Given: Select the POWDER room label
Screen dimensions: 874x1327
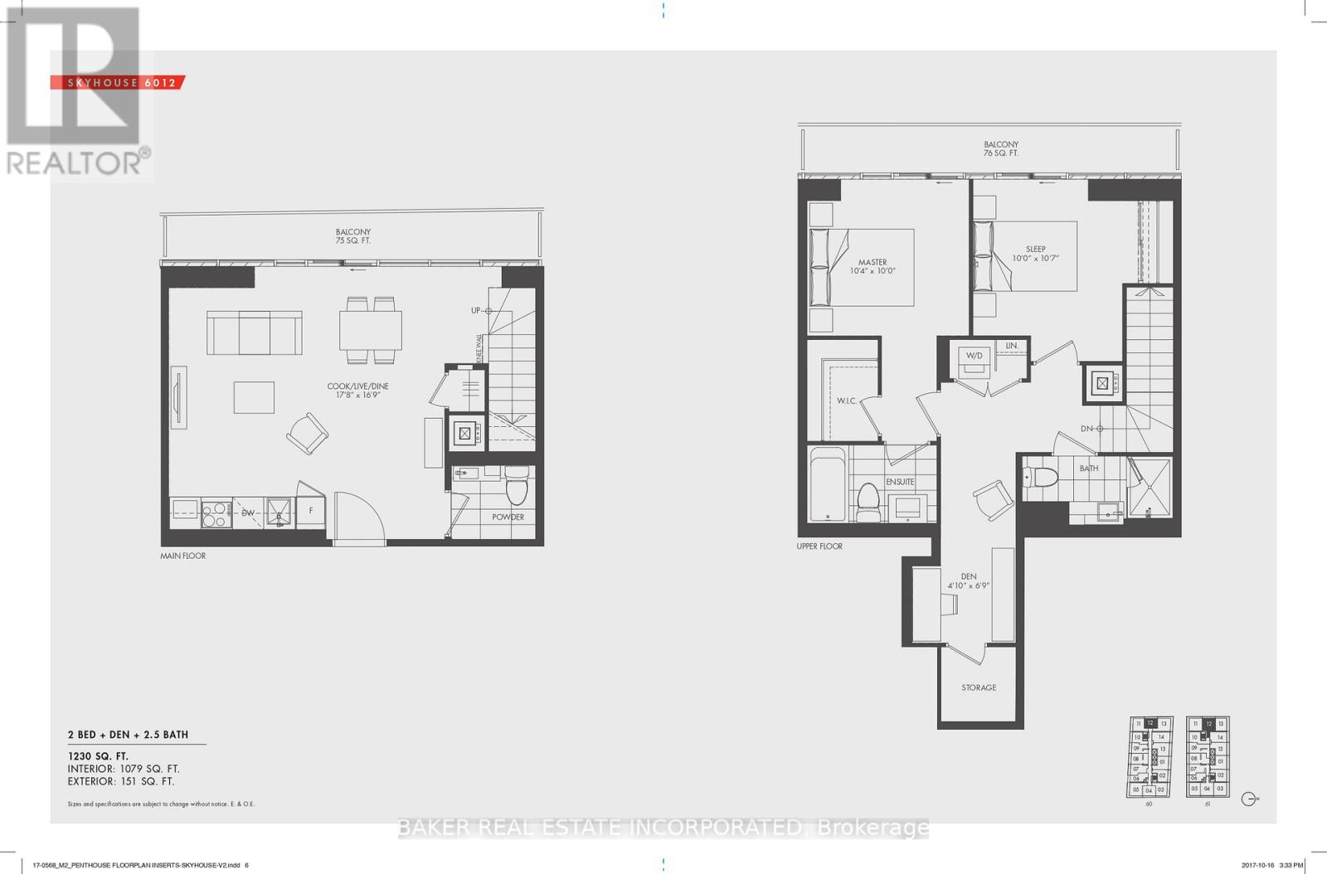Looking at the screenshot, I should [x=508, y=517].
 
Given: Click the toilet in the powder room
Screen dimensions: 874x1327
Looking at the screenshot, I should [x=517, y=487].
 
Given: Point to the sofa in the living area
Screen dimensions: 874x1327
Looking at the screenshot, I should [x=254, y=333].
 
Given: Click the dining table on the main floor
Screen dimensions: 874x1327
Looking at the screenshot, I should [x=370, y=330].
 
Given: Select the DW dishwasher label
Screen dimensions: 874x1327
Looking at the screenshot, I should [x=247, y=512].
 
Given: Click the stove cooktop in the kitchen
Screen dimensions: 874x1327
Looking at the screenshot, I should [x=216, y=512].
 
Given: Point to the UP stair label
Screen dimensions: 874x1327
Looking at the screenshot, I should [x=476, y=310].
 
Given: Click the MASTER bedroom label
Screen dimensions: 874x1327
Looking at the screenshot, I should [x=873, y=262].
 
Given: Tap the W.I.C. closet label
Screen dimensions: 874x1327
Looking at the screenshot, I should [x=846, y=401].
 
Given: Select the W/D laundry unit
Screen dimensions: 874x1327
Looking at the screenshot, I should [x=974, y=357].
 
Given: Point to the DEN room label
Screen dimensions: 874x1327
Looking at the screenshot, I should [x=969, y=576].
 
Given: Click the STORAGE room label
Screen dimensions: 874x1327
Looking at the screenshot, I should [x=979, y=687].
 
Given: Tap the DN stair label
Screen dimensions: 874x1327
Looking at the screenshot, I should [x=1086, y=428].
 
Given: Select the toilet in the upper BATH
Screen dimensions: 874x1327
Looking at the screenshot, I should [x=1043, y=478].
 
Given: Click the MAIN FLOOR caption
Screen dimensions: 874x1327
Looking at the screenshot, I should [x=182, y=556].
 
